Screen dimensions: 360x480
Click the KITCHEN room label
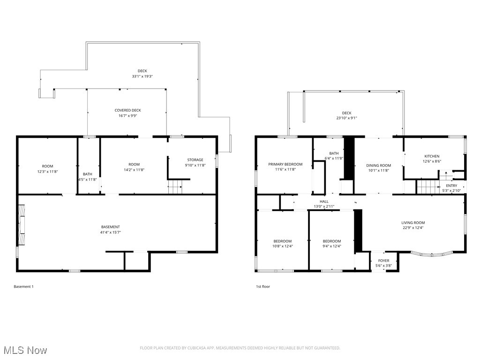click(432, 156)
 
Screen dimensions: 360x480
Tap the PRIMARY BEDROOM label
click(285, 164)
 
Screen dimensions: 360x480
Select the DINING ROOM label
click(378, 165)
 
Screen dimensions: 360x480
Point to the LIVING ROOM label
click(413, 223)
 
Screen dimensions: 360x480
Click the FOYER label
click(383, 261)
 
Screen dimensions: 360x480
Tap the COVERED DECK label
click(127, 110)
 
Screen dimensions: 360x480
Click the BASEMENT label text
click(110, 227)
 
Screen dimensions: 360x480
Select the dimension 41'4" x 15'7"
click(110, 232)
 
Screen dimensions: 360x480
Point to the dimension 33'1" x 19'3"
click(142, 76)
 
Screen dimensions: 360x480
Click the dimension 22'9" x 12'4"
click(413, 228)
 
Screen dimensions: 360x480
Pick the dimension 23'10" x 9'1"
click(346, 118)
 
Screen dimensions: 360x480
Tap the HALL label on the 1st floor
click(324, 201)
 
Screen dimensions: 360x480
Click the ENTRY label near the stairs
click(451, 186)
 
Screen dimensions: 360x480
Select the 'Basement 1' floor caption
click(23, 286)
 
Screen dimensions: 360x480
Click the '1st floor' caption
click(262, 286)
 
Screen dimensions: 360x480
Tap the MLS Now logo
click(24, 350)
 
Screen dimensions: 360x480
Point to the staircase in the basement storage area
click(175, 188)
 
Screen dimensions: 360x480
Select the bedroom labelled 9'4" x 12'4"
click(331, 243)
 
